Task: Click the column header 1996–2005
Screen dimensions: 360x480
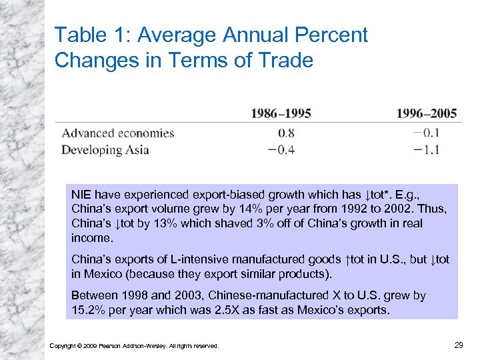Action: (x=427, y=113)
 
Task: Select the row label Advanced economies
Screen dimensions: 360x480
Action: (x=117, y=133)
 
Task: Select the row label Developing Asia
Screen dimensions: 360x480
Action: (x=105, y=149)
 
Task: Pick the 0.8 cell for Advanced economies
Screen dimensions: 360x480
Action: (x=286, y=133)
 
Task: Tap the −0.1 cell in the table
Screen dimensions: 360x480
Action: (x=427, y=133)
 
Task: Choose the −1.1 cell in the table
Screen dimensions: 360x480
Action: (x=427, y=149)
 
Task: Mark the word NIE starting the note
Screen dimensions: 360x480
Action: (x=81, y=195)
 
